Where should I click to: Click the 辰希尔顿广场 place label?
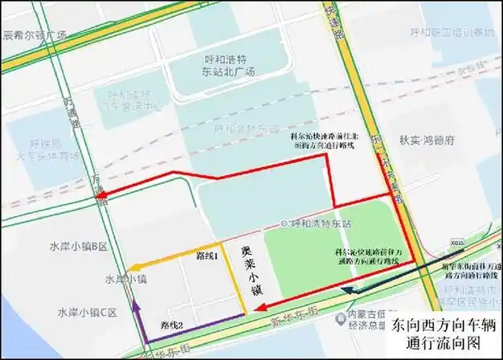point(35,35)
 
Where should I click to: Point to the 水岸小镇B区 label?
point(83,247)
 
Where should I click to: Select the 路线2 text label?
point(173,325)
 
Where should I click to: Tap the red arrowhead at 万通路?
point(98,194)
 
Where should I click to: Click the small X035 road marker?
point(457,239)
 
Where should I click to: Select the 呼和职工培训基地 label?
point(440,33)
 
